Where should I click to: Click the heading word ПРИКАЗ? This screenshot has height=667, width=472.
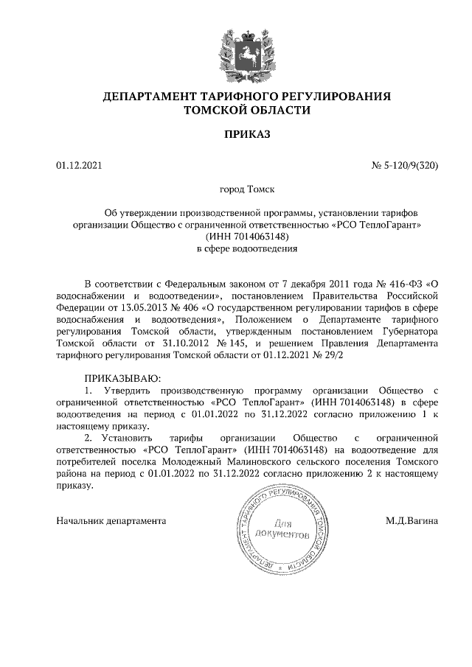coord(247,134)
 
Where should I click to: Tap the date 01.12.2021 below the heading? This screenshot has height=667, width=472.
coord(79,166)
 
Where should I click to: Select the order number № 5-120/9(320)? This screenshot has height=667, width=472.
coord(404,166)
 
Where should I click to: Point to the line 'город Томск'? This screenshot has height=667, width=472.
coord(246,189)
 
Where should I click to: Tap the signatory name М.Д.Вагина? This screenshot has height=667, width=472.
coord(412,520)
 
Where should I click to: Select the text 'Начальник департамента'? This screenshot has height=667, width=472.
coord(111,520)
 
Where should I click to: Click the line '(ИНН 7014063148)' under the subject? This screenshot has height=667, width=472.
coord(246,237)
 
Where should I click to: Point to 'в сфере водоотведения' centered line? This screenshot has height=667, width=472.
coord(246,248)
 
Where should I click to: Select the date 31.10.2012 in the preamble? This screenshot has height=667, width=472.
coord(180,343)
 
